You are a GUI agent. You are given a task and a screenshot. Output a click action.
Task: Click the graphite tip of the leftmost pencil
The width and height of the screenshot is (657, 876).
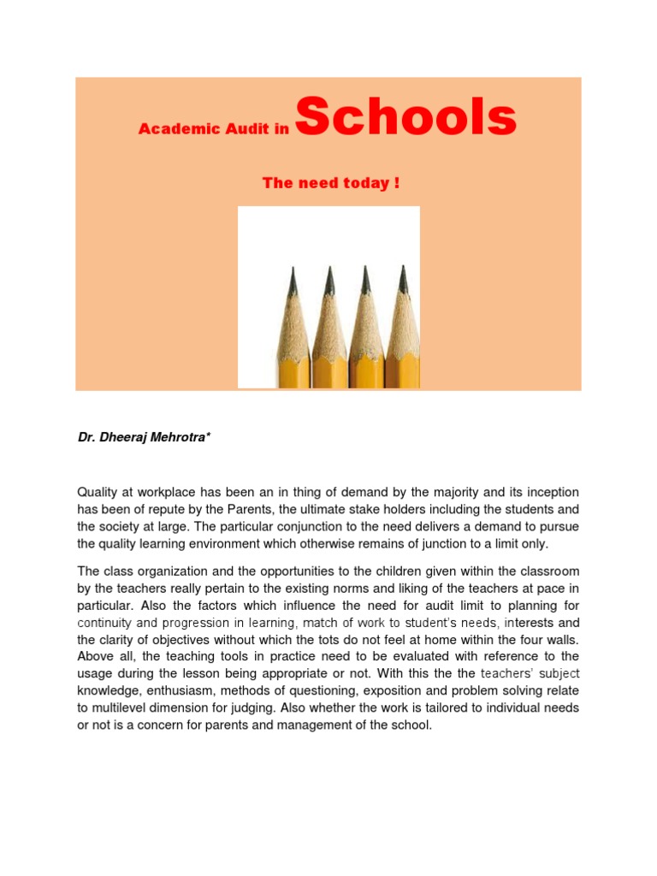pyautogui.click(x=293, y=278)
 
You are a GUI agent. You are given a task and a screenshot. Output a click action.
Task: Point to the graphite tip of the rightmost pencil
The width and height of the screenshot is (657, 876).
pyautogui.click(x=403, y=278)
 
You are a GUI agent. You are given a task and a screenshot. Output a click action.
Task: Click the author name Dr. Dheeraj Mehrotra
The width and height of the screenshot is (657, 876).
pyautogui.click(x=144, y=438)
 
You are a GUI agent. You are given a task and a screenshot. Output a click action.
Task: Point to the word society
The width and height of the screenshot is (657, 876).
pyautogui.click(x=124, y=526)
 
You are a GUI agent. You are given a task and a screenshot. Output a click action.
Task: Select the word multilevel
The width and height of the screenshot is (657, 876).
pyautogui.click(x=124, y=707)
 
